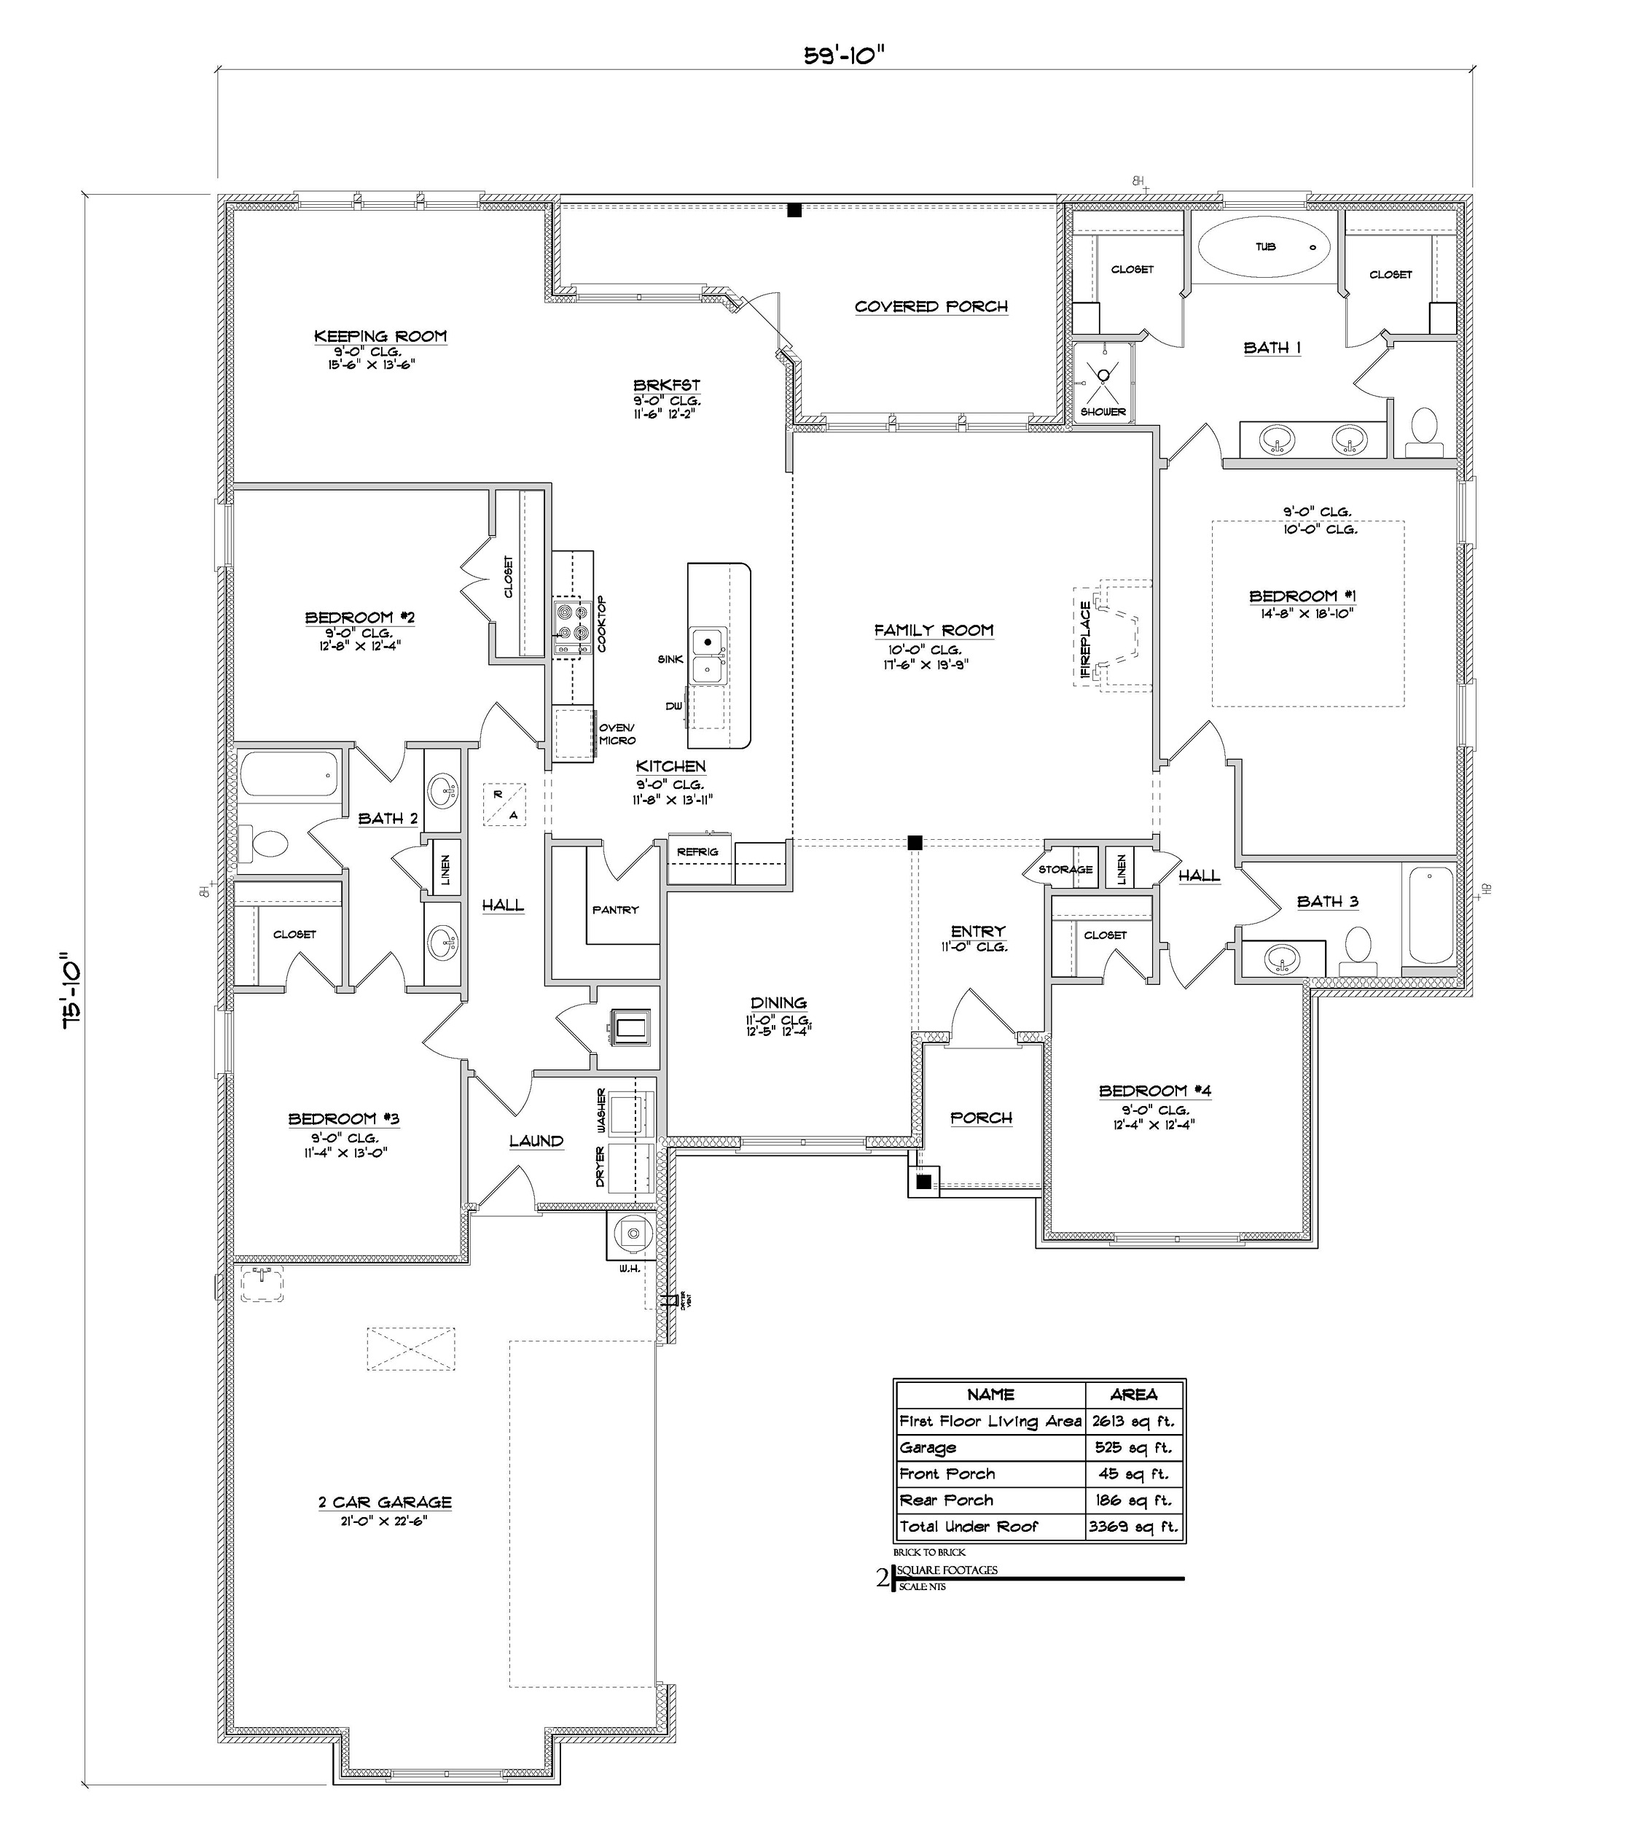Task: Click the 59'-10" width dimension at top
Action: coord(844,55)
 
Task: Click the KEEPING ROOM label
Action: coord(380,337)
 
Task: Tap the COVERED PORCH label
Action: coord(931,307)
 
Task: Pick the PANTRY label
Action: coord(615,909)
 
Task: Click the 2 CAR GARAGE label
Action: coord(384,1503)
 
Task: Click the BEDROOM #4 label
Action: coord(1154,1091)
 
